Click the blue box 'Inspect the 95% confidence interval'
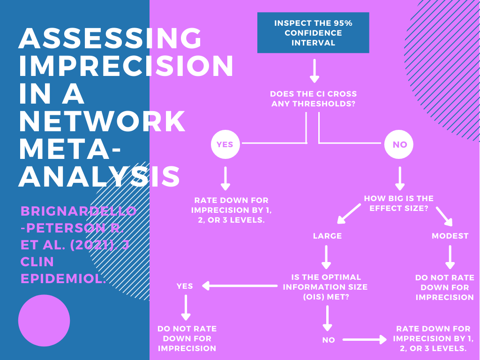click(313, 33)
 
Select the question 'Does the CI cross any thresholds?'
click(313, 99)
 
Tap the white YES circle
click(225, 144)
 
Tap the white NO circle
click(399, 144)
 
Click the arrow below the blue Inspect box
click(314, 71)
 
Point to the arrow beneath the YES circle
click(225, 178)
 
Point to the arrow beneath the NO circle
click(400, 178)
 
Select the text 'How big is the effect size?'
click(398, 203)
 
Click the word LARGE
click(327, 236)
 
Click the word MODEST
click(450, 236)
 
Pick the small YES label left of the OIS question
click(185, 286)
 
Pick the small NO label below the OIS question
click(329, 340)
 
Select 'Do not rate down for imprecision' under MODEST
click(444, 287)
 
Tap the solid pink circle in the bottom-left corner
click(44, 321)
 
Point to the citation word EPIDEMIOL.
click(61, 278)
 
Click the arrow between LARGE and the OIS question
click(327, 257)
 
